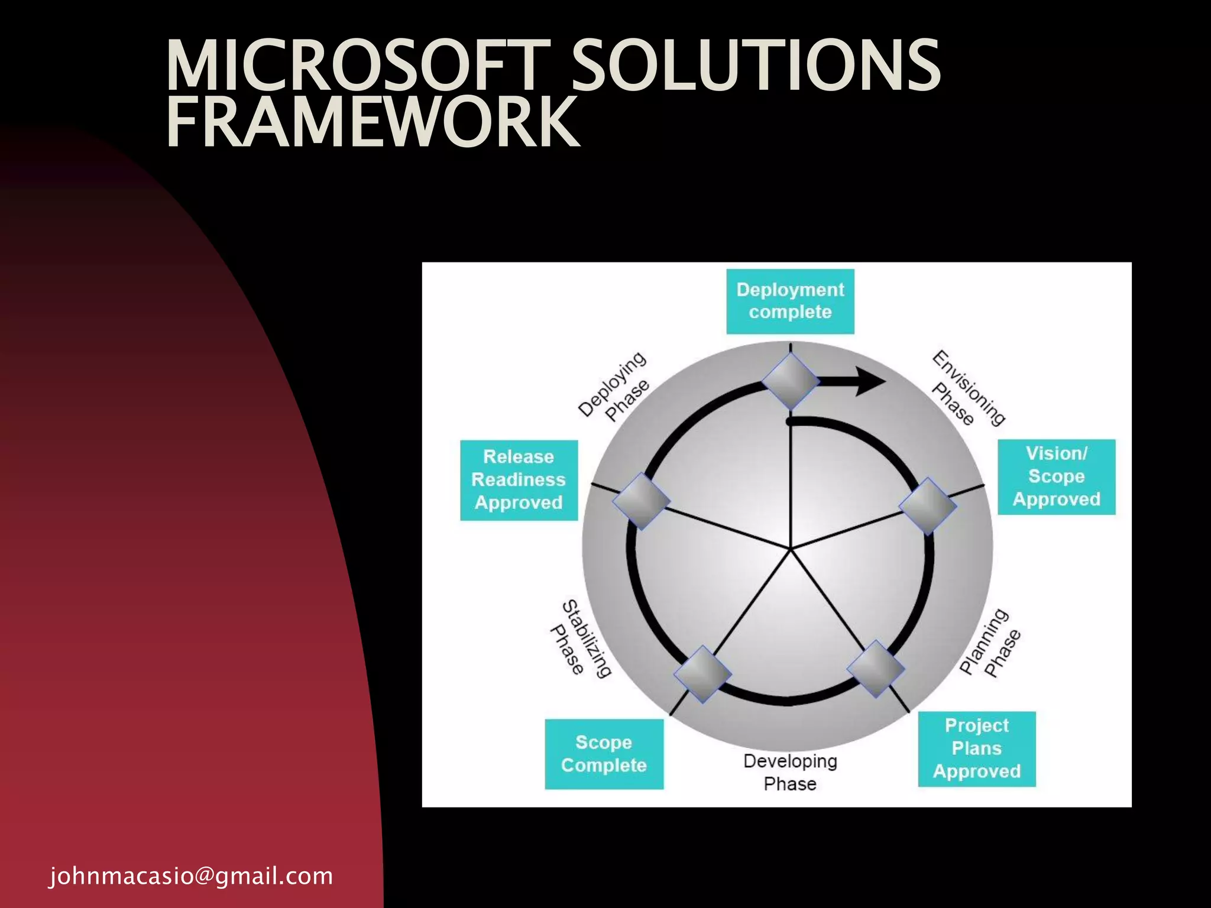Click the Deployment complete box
coord(790,301)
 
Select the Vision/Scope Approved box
coord(1056,476)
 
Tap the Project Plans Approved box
coord(976,748)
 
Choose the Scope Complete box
coord(604,754)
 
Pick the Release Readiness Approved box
coord(519,479)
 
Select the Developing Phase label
coord(790,772)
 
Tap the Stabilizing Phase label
coord(579,638)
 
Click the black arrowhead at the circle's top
coord(870,381)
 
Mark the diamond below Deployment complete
coord(790,381)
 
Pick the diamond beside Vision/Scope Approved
coord(927,506)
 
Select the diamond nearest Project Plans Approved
coord(876,669)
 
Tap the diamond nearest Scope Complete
coord(702,674)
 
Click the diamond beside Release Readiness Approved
coord(641,501)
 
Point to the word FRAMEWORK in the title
coord(373,122)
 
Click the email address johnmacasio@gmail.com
coord(191,875)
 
